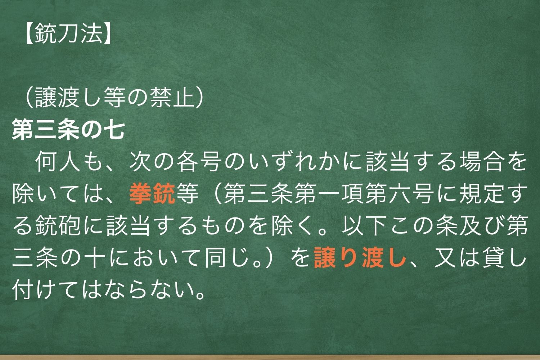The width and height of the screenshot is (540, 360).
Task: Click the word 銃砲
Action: click(59, 227)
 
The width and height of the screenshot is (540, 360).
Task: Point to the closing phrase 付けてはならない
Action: click(108, 291)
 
